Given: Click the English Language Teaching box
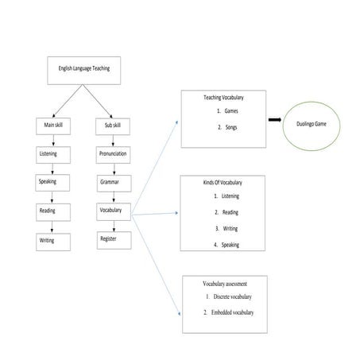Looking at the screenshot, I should click(83, 69).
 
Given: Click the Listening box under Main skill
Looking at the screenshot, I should click(49, 153).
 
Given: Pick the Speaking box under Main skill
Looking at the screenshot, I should click(49, 182).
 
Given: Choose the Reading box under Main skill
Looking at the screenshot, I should click(49, 211).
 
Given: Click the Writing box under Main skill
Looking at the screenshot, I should click(49, 239).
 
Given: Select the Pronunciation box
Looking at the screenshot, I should click(114, 153).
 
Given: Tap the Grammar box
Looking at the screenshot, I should click(110, 183).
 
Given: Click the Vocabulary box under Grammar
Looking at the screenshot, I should click(110, 211).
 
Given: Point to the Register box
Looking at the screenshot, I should click(110, 238).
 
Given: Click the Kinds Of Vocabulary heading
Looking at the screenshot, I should click(226, 183).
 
